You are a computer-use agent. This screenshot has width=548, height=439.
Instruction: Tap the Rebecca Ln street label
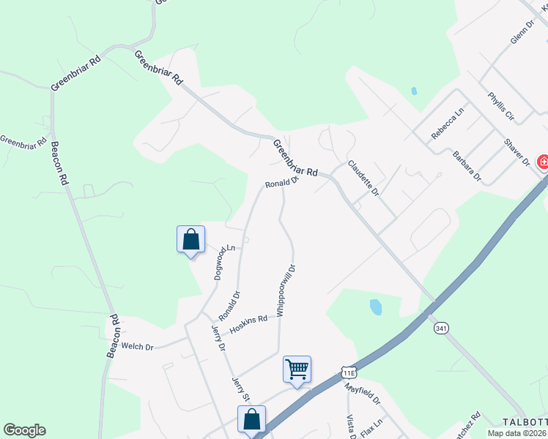[x=448, y=124]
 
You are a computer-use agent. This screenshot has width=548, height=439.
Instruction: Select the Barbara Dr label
[x=467, y=166]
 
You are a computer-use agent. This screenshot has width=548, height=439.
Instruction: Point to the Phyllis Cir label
[x=502, y=106]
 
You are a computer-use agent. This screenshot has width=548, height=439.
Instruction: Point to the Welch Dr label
[x=137, y=346]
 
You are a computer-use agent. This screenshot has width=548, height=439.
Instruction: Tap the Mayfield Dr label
[x=363, y=394]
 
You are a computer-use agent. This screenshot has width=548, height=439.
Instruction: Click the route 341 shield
[x=440, y=328]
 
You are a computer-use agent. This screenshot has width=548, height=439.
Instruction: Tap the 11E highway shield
[x=348, y=372]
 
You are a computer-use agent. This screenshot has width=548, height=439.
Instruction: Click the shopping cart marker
[x=297, y=368]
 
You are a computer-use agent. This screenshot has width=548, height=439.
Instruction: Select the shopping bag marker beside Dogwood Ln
[x=190, y=239]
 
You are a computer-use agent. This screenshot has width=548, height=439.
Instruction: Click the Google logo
[x=24, y=430]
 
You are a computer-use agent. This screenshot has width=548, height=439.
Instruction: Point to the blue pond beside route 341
[x=376, y=307]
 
